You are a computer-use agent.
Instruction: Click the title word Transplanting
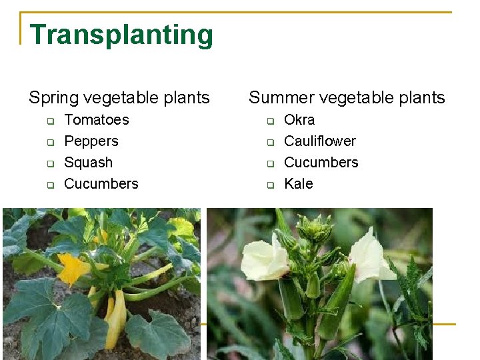(121, 35)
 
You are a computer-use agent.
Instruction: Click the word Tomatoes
(96, 120)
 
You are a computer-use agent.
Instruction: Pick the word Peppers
(91, 141)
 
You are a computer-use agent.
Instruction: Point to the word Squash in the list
(88, 163)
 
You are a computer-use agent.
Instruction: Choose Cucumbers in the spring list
(101, 184)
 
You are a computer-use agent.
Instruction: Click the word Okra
(299, 120)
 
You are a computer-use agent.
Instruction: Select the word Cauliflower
(319, 141)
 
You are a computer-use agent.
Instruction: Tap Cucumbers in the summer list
(321, 163)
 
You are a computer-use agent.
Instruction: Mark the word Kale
(298, 184)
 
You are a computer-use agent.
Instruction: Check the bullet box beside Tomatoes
(49, 121)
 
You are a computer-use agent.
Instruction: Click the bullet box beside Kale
(271, 185)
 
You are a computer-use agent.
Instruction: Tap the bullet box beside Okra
(271, 121)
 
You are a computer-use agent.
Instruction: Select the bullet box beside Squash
(49, 164)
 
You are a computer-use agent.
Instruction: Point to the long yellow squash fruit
(117, 319)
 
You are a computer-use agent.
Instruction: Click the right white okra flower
(371, 257)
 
